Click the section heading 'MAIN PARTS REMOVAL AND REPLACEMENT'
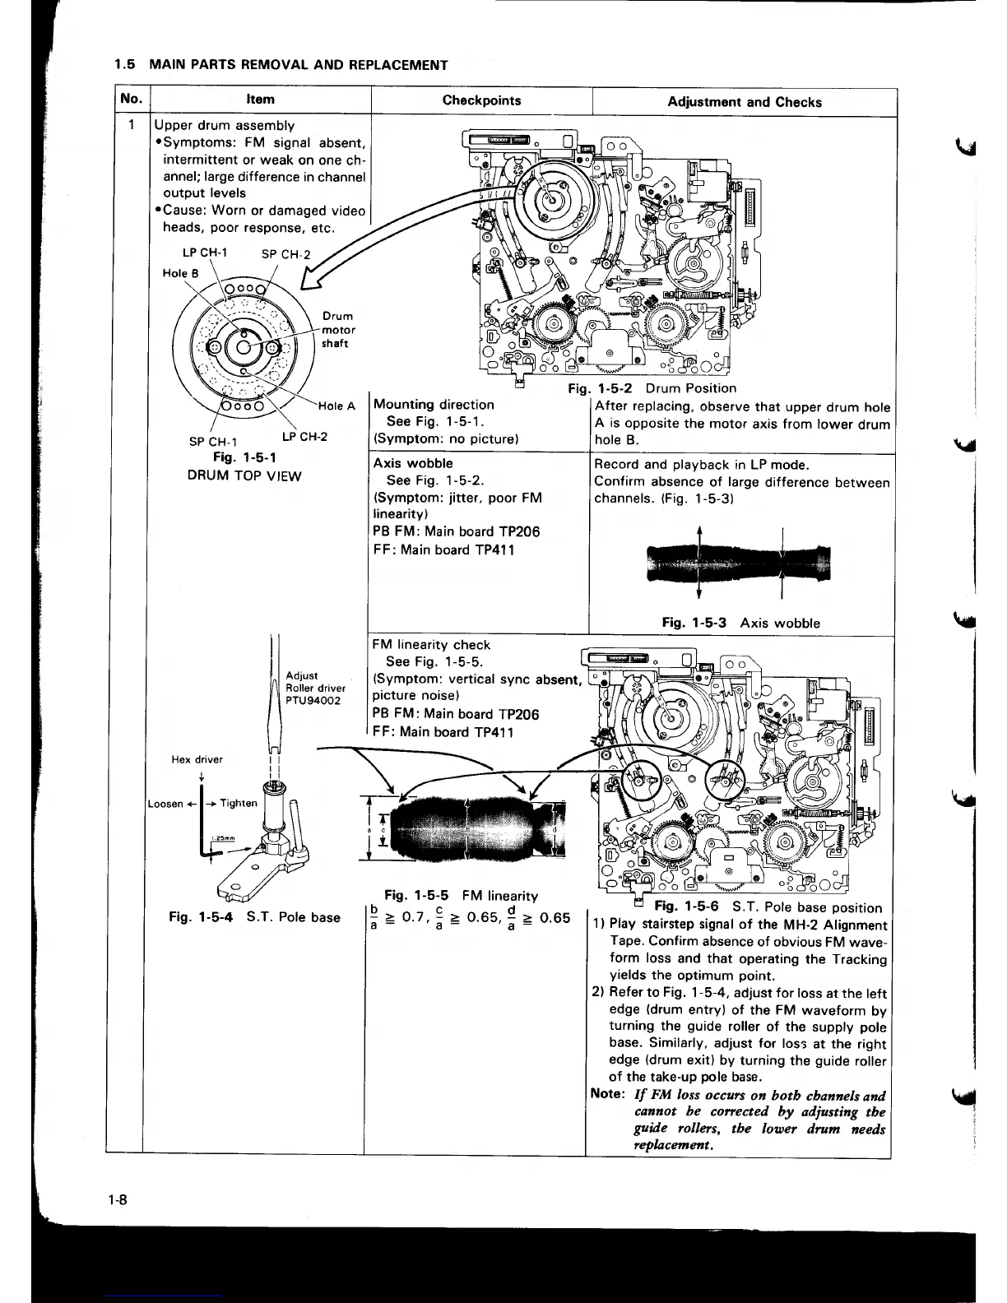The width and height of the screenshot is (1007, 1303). click(298, 65)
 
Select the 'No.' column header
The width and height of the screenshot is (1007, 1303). click(131, 99)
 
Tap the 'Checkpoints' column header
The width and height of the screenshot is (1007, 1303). click(481, 100)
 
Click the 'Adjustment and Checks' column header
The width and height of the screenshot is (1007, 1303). click(744, 102)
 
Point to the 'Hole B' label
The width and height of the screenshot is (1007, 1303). click(179, 273)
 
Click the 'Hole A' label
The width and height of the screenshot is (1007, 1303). click(336, 406)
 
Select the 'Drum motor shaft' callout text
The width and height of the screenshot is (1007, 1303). click(338, 330)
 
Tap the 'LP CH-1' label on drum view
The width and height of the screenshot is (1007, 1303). click(205, 253)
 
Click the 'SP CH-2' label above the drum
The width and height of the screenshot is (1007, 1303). click(285, 254)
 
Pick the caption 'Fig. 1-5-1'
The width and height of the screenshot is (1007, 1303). click(244, 457)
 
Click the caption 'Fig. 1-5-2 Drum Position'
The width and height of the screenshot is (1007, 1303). click(652, 388)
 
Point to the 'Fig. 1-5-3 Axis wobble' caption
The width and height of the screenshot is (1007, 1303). click(740, 623)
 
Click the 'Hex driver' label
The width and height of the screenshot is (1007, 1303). click(197, 759)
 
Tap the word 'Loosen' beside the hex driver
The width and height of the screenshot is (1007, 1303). click(165, 804)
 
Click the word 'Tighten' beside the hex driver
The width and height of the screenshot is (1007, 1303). click(239, 804)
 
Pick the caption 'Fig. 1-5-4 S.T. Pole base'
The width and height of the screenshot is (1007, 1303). click(253, 917)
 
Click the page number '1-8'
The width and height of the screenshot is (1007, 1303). click(116, 1199)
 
